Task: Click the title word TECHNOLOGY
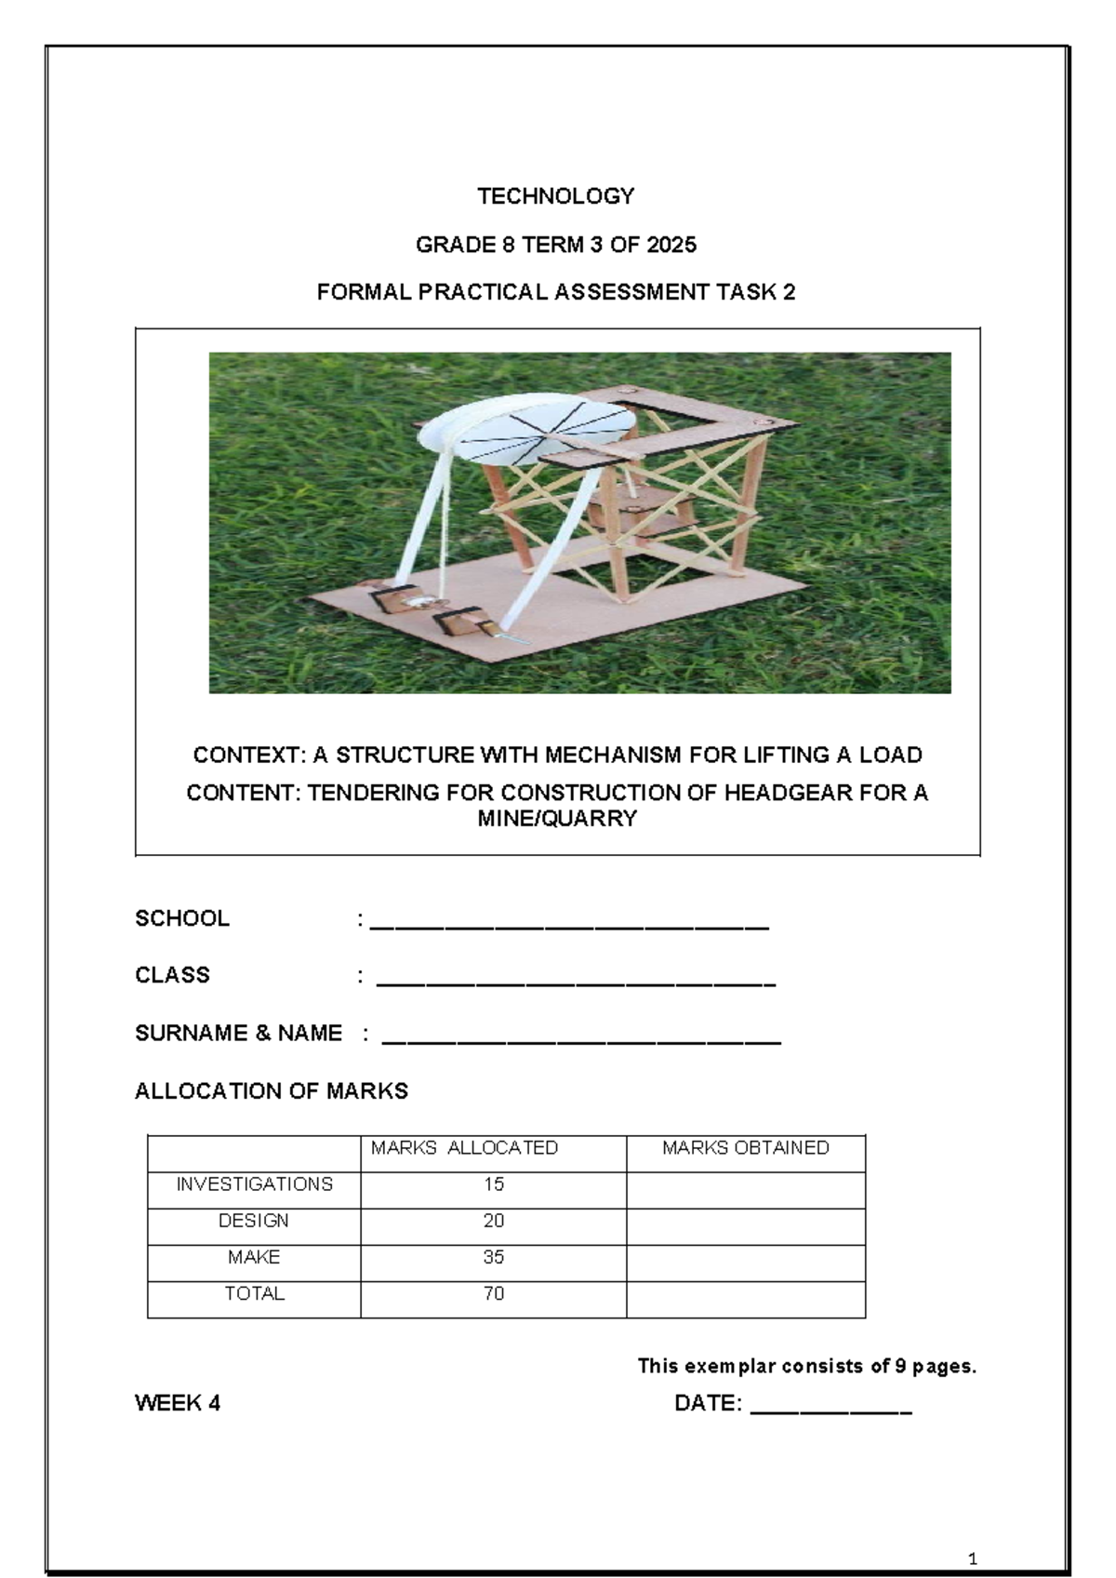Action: (x=555, y=196)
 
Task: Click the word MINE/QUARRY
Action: (x=556, y=819)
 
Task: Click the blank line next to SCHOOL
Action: (x=569, y=925)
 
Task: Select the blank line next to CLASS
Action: (x=576, y=982)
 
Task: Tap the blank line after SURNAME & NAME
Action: (x=581, y=1039)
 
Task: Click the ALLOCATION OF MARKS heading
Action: (x=272, y=1091)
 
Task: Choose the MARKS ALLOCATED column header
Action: (x=464, y=1148)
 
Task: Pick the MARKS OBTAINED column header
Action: (x=745, y=1148)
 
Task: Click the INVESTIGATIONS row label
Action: (x=254, y=1184)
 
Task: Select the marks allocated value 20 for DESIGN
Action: (x=493, y=1221)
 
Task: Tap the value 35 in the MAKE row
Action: (x=493, y=1257)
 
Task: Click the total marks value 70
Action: (x=493, y=1293)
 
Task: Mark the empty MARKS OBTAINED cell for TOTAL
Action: (x=745, y=1299)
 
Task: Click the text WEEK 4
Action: (x=178, y=1404)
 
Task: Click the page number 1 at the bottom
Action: (x=973, y=1532)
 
